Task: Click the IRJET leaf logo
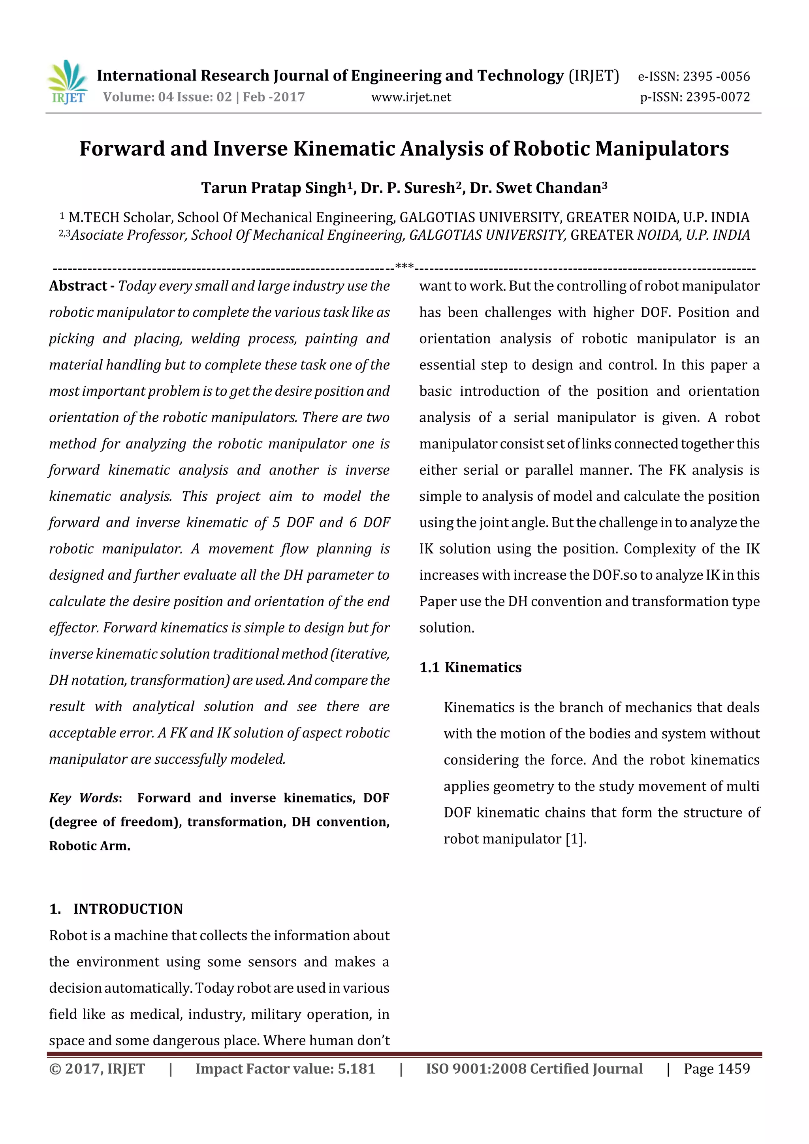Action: point(68,81)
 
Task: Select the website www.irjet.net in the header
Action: point(411,97)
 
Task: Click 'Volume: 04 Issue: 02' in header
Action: point(167,97)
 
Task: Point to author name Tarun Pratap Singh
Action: point(273,188)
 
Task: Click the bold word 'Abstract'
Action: point(78,286)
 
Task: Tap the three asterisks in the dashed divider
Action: point(404,267)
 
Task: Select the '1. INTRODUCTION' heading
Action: point(116,909)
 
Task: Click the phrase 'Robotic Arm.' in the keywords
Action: point(90,846)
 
